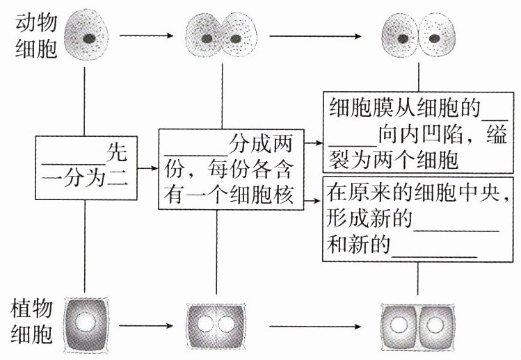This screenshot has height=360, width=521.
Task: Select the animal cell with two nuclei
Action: pyautogui.click(x=222, y=37)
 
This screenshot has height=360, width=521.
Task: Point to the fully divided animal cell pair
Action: pyautogui.click(x=419, y=37)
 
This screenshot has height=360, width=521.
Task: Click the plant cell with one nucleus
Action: pyautogui.click(x=86, y=324)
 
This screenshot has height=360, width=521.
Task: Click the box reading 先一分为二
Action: pyautogui.click(x=84, y=167)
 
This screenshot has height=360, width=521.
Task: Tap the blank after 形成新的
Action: pyautogui.click(x=456, y=229)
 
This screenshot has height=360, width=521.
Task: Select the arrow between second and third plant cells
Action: pyautogui.click(x=307, y=325)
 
